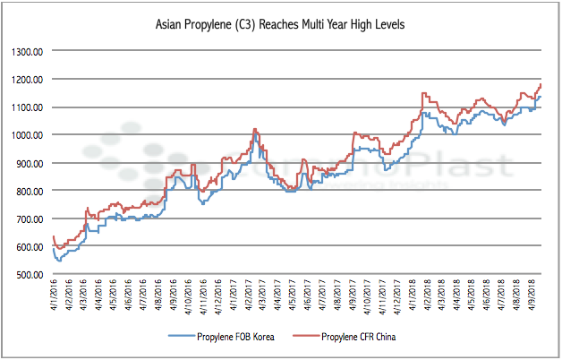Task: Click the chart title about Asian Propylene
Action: [x=280, y=25]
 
